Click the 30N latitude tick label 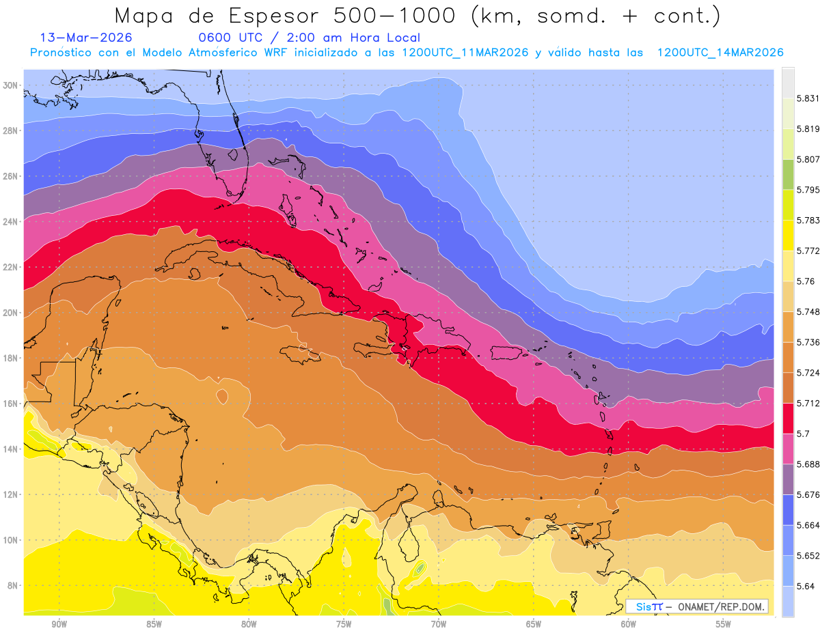click(11, 85)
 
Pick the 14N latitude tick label click(11, 449)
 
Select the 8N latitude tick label click(13, 585)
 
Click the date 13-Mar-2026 click(86, 38)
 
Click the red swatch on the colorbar click(788, 418)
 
